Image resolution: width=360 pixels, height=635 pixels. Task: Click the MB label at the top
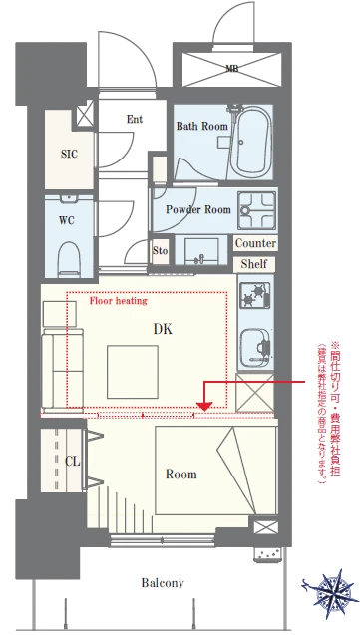tap(231, 69)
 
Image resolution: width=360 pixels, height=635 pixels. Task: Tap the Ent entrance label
tap(135, 119)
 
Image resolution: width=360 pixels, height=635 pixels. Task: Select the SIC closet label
tap(68, 155)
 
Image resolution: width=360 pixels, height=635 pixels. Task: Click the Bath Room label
tap(202, 127)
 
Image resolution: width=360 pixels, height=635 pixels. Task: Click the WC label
tap(68, 219)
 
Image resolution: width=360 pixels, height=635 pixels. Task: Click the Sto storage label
tap(161, 250)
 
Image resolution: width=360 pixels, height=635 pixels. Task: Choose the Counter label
tap(256, 243)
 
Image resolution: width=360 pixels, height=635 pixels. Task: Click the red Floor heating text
tap(119, 299)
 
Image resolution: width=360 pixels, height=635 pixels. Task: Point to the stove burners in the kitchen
tap(259, 295)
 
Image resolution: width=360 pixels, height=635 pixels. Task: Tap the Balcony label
tap(162, 583)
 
